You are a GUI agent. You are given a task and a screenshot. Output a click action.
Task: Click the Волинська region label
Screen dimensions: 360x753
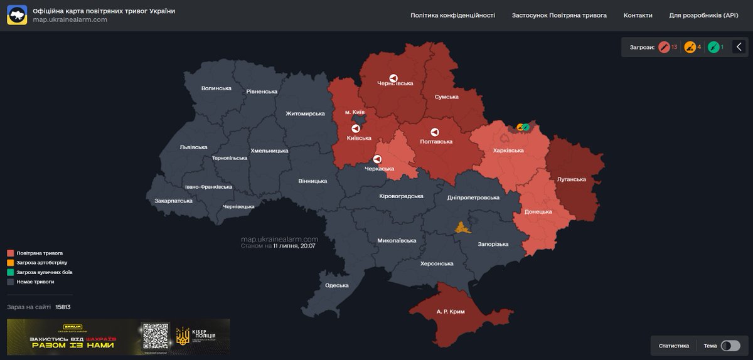point(216,88)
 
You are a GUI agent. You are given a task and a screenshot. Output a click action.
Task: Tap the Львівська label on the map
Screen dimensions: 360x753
point(193,147)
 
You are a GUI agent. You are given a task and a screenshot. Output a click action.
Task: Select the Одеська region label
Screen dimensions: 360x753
point(336,285)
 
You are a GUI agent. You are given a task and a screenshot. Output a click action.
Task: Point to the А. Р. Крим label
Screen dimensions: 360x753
point(450,312)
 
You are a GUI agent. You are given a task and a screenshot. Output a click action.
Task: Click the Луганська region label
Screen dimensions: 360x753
point(571,179)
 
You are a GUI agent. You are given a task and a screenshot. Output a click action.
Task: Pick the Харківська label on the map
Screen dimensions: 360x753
point(508,151)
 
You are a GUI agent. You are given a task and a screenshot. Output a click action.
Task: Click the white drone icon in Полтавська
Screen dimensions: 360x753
point(434,132)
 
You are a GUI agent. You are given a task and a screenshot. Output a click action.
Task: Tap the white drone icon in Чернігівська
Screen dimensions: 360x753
point(393,78)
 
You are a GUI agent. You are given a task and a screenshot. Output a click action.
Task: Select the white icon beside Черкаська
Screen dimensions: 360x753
point(377,159)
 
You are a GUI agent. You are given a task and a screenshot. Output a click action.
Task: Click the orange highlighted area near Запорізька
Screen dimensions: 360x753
point(463,228)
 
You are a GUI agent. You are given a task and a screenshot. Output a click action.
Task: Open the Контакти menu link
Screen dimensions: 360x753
point(638,15)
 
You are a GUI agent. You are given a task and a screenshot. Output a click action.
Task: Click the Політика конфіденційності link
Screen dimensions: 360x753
point(452,15)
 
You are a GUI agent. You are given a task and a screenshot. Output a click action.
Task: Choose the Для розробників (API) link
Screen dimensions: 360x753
point(703,15)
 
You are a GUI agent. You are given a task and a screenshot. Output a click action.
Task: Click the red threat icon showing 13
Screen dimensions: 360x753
point(664,47)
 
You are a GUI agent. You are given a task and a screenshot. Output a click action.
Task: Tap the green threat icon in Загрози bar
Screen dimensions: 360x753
point(713,47)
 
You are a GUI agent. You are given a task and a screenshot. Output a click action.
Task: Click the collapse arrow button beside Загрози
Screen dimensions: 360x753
point(739,47)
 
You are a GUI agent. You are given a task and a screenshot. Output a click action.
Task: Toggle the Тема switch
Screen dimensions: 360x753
point(730,346)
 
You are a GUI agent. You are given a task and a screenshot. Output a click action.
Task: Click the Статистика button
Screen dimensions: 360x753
point(673,346)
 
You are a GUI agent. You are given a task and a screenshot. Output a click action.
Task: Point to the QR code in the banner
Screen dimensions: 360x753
point(156,337)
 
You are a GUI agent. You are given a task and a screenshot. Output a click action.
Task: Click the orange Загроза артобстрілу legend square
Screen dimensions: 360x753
point(10,263)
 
